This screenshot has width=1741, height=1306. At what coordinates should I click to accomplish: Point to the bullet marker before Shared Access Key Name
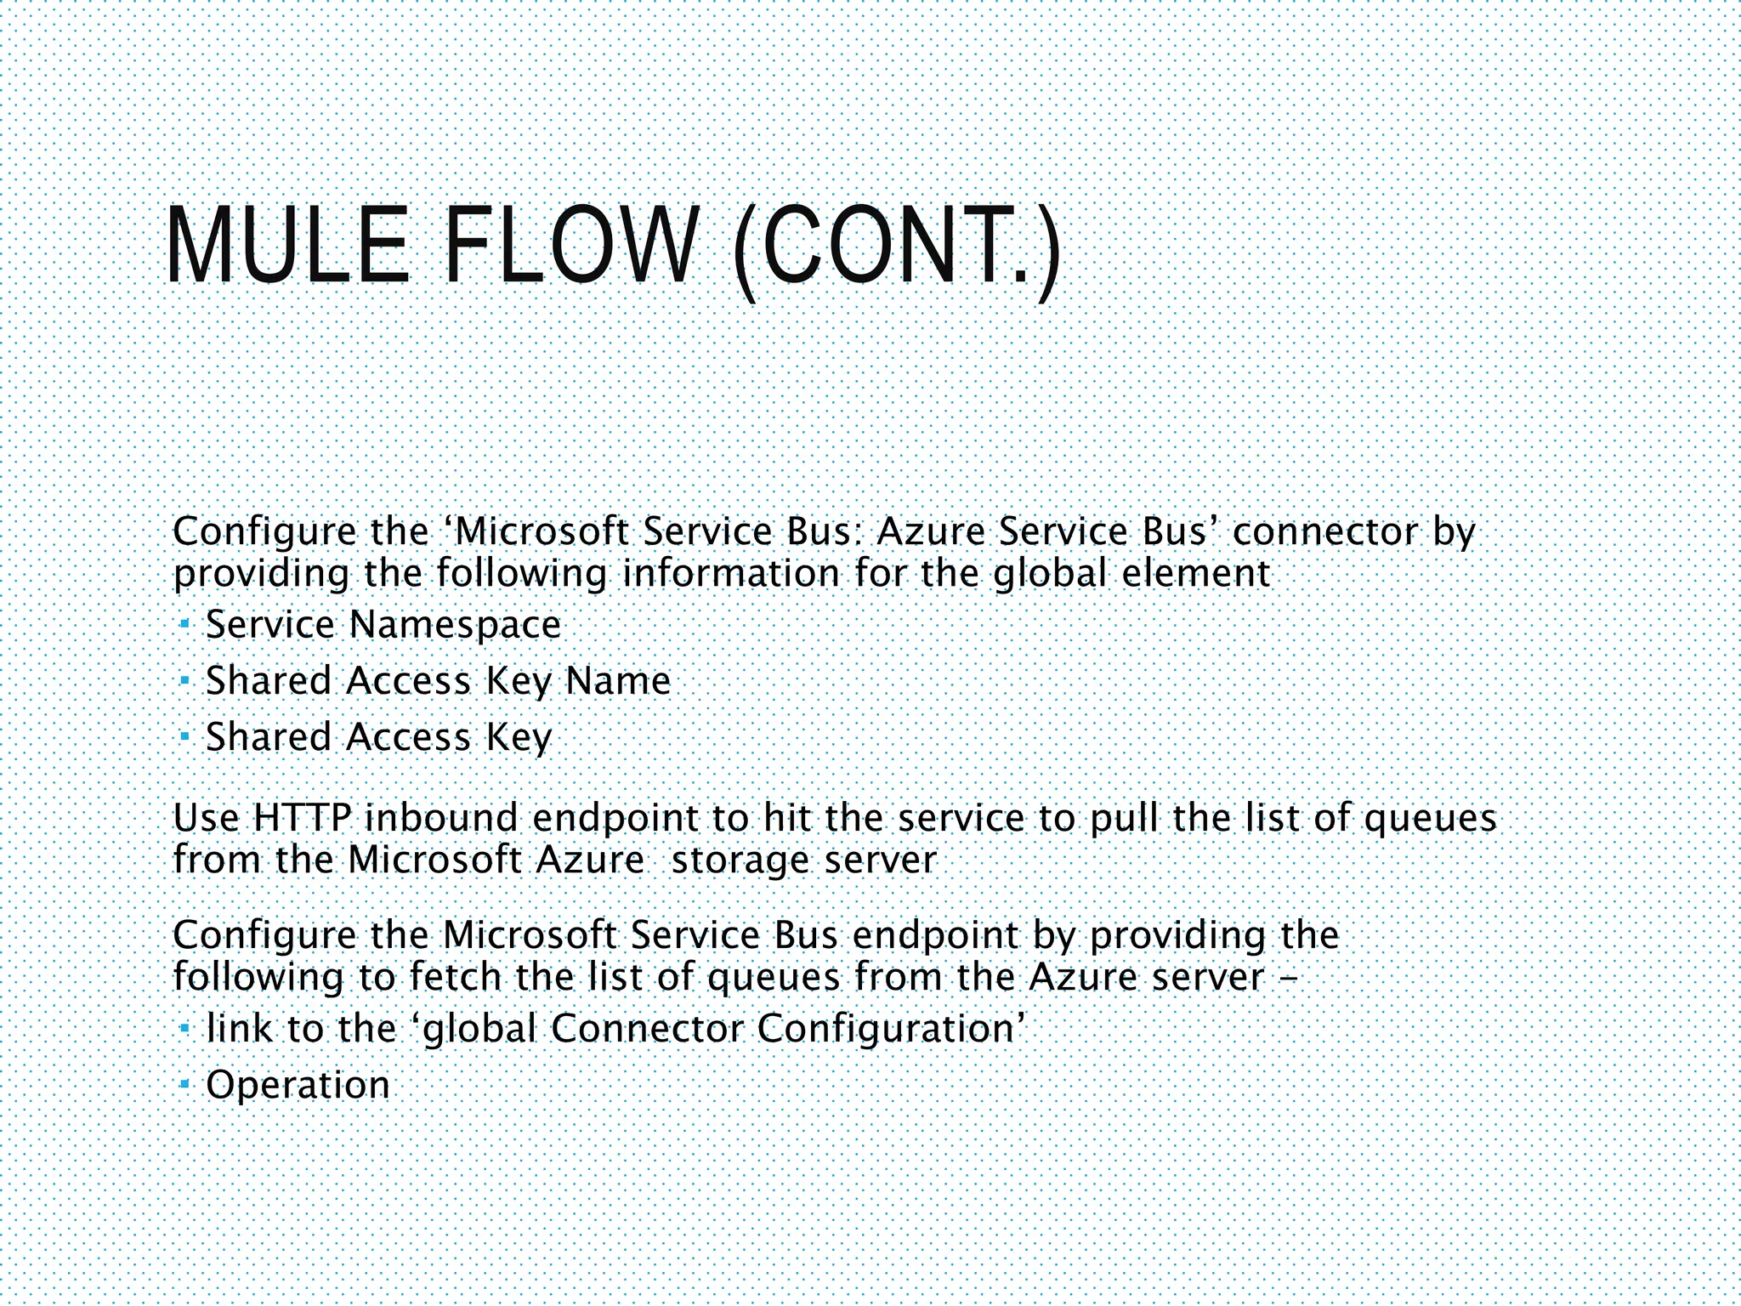pos(184,681)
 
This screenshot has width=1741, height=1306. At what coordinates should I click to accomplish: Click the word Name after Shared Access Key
pos(618,681)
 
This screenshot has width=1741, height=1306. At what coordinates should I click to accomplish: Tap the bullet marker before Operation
pos(184,1085)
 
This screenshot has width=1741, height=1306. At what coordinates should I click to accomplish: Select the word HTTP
pos(302,819)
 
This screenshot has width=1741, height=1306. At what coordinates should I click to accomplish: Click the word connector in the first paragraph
pos(1325,533)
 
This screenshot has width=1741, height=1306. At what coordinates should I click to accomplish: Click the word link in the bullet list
pos(240,1029)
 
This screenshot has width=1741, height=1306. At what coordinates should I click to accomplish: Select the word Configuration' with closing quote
pos(891,1029)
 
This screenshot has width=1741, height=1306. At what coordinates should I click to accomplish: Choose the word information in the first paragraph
pos(731,574)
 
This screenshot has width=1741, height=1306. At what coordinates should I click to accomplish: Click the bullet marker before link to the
pos(184,1029)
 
